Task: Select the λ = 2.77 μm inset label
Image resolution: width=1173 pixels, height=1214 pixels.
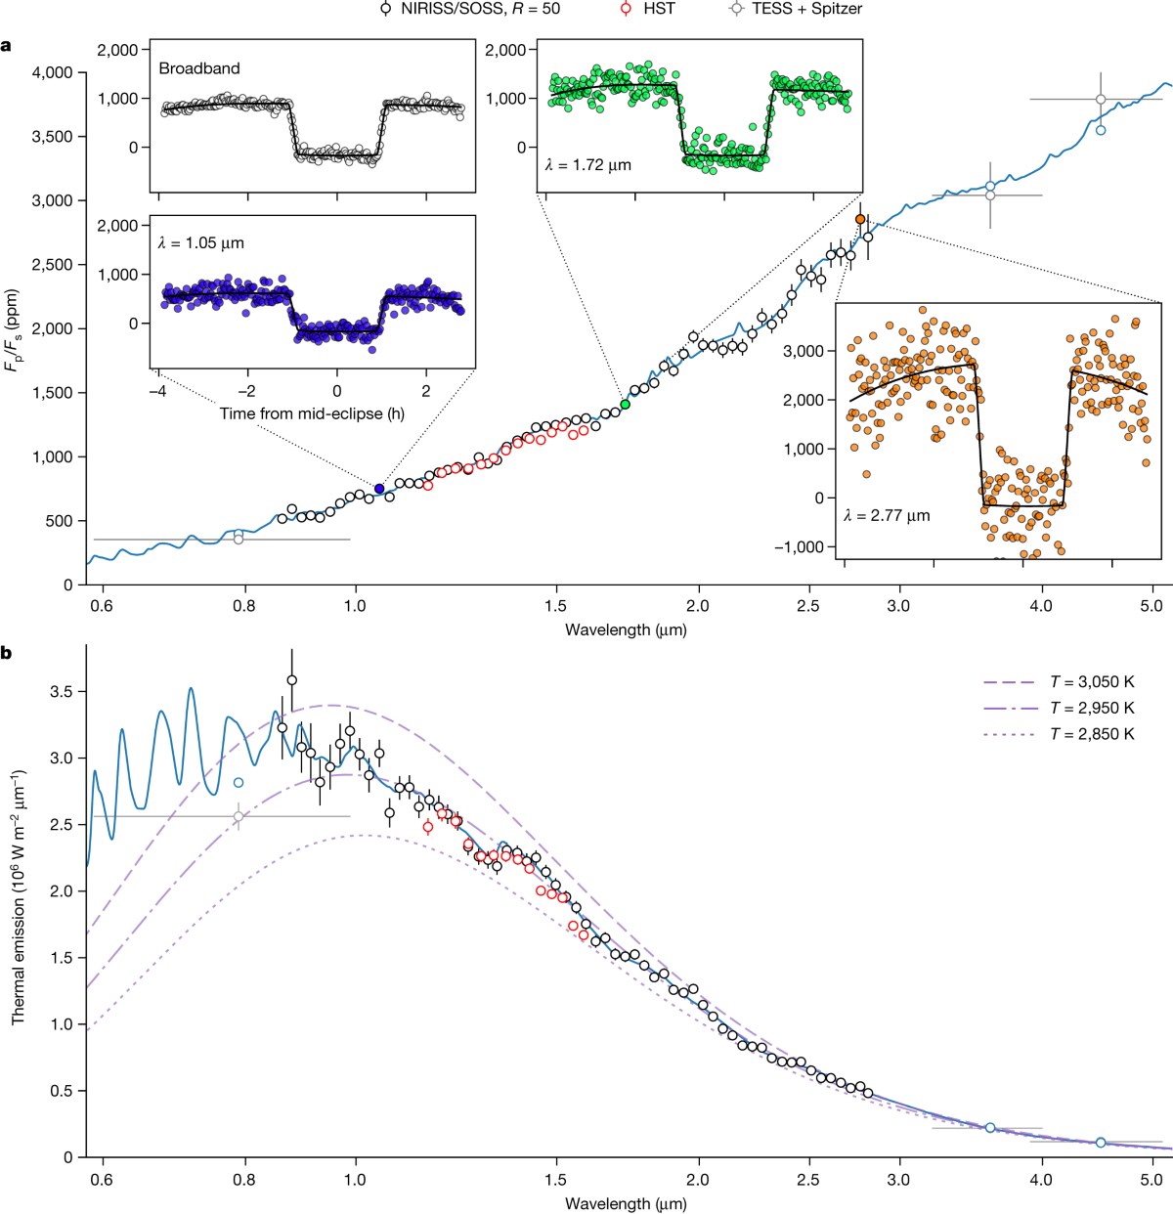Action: (887, 515)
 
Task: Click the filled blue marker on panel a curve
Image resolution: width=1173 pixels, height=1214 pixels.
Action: (379, 489)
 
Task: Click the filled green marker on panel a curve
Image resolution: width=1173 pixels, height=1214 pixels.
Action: (625, 404)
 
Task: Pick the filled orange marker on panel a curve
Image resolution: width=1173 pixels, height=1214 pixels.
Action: (860, 219)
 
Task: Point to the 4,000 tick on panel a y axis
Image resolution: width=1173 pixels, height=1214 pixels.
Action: (53, 72)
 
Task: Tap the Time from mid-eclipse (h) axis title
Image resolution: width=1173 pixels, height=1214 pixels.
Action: (312, 413)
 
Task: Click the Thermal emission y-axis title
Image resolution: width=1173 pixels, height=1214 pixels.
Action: (19, 897)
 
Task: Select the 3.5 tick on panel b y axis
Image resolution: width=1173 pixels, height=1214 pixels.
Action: (64, 692)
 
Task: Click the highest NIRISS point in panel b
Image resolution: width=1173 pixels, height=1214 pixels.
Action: (291, 680)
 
